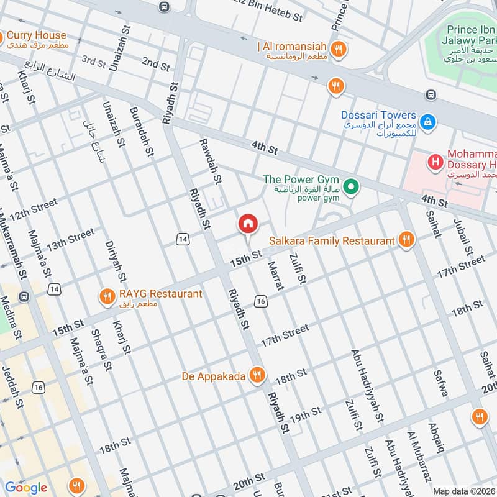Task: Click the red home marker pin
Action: pyautogui.click(x=247, y=224)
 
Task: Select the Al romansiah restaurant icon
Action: pyautogui.click(x=337, y=49)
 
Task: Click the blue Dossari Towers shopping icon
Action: pyautogui.click(x=427, y=122)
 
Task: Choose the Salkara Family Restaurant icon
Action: pyautogui.click(x=406, y=240)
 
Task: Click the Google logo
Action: pyautogui.click(x=25, y=487)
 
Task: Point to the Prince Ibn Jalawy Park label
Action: pyautogui.click(x=471, y=36)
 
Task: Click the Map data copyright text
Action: pyautogui.click(x=464, y=491)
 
